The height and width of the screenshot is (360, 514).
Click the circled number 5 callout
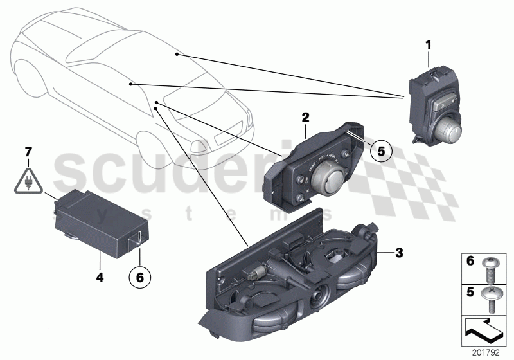380,152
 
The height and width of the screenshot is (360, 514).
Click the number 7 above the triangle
28,152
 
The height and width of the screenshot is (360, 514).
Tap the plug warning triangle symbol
28,181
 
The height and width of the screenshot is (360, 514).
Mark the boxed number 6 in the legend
469,262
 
